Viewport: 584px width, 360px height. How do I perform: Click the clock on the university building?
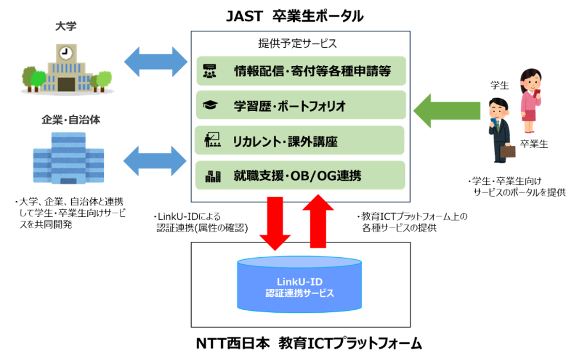click(66, 52)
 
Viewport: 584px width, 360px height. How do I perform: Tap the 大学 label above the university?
click(66, 26)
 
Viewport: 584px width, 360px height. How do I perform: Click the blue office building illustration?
click(68, 159)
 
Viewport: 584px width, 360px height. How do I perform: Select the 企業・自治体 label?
click(71, 120)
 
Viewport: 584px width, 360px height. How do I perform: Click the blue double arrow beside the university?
click(156, 62)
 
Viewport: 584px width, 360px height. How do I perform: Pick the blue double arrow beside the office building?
click(155, 161)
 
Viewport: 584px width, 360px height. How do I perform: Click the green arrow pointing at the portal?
click(447, 111)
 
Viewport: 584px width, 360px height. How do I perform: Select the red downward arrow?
click(275, 223)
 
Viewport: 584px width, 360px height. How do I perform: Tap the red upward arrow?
click(318, 221)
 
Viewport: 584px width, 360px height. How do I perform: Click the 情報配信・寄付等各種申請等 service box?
click(301, 71)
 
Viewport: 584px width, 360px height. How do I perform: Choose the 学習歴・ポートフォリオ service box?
click(301, 106)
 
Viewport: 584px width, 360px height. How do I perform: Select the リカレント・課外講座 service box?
click(299, 140)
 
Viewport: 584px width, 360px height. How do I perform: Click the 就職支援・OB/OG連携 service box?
click(300, 175)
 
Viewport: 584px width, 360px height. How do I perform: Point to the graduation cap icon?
click(210, 105)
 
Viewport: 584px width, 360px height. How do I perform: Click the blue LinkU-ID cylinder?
click(299, 284)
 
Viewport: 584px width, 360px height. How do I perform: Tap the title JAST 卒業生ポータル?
click(295, 16)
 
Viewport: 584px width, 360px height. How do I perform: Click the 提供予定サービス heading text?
click(298, 43)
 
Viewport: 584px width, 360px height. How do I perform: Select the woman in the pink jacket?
click(530, 100)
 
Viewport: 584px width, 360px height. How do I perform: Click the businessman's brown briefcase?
click(507, 151)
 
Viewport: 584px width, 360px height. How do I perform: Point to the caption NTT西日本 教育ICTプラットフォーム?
click(309, 343)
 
